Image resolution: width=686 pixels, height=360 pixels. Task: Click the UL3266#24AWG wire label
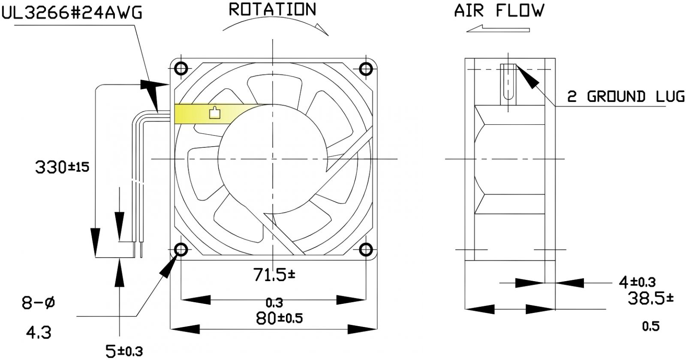[x=72, y=13]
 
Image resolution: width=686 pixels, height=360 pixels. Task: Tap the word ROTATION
[x=273, y=9]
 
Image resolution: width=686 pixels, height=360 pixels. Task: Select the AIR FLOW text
[x=499, y=10]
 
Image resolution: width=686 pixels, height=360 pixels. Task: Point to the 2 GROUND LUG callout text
[x=626, y=97]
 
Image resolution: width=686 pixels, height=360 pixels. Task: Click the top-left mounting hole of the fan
[x=181, y=69]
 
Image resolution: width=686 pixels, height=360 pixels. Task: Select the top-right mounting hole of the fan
[x=366, y=69]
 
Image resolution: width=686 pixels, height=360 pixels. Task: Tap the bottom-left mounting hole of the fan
[x=181, y=249]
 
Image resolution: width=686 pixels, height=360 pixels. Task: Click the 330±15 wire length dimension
[x=62, y=167]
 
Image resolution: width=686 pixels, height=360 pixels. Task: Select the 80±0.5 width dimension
[x=279, y=318]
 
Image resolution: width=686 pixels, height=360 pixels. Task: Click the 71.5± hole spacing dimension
[x=274, y=275]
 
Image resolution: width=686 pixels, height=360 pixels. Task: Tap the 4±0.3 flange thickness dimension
[x=637, y=282]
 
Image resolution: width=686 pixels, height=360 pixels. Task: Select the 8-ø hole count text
[x=39, y=303]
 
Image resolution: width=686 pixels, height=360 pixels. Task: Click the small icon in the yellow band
[x=214, y=113]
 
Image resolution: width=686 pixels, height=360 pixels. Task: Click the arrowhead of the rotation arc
[x=321, y=29]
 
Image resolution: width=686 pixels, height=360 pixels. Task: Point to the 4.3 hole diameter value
[x=39, y=332]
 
